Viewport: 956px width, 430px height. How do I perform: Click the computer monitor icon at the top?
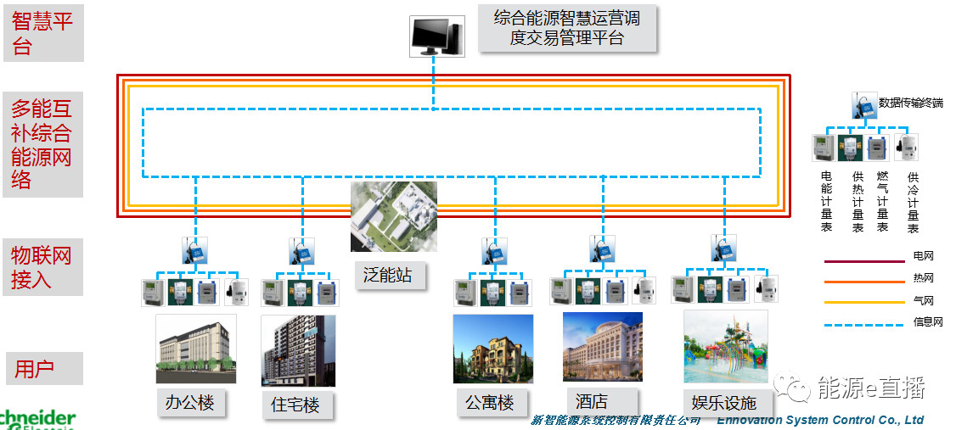tap(436, 36)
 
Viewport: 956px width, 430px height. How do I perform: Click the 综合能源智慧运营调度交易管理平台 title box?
tap(566, 27)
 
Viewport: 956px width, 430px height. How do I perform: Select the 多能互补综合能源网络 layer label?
tap(42, 144)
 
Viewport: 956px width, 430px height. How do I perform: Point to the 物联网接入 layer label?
tap(42, 267)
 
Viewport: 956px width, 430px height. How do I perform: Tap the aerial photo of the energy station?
tap(394, 216)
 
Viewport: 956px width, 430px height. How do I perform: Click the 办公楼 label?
tap(190, 403)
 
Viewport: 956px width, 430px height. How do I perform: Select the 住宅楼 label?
tap(295, 405)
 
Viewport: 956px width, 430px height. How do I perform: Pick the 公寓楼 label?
tap(490, 402)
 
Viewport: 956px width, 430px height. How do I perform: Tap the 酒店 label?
tap(592, 400)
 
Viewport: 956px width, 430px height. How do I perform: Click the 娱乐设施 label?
tap(719, 402)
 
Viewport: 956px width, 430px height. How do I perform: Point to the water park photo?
tap(725, 345)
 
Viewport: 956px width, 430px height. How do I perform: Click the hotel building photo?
tap(602, 346)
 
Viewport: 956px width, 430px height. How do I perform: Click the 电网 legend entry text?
tap(923, 255)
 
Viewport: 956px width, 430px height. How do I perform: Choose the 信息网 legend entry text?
tap(927, 322)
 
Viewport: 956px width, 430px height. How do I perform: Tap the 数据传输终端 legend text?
tap(910, 103)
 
